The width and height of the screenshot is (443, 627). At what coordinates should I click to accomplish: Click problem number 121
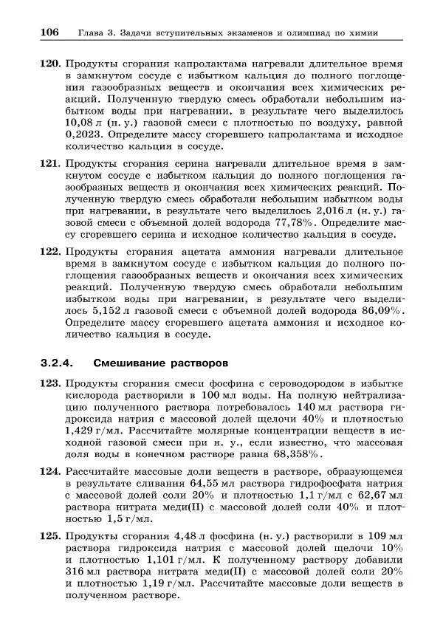tap(49, 162)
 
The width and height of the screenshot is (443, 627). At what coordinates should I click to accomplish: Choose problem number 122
tap(49, 250)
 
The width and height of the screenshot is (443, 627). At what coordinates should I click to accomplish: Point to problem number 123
tap(49, 384)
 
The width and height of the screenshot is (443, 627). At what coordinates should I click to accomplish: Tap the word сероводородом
tap(297, 384)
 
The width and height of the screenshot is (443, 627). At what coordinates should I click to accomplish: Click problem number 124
tap(49, 470)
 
